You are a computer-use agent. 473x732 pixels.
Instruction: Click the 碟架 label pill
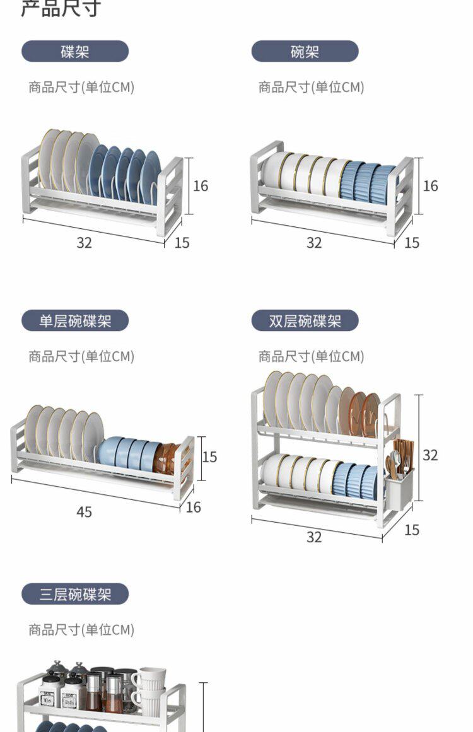click(x=75, y=52)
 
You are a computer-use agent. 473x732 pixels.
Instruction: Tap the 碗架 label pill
click(x=305, y=52)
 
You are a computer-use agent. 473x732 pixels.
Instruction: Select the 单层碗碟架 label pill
click(x=75, y=321)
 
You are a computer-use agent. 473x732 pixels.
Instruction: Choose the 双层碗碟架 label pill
click(x=305, y=321)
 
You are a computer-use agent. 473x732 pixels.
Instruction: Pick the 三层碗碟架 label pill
click(x=75, y=594)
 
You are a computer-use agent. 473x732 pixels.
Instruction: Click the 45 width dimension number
click(x=84, y=512)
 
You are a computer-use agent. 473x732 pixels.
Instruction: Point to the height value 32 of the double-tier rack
click(x=430, y=455)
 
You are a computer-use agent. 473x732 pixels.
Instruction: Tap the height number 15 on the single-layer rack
click(x=209, y=456)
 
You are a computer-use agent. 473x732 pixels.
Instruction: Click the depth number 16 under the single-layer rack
click(x=194, y=507)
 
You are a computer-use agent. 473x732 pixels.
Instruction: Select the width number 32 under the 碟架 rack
click(x=84, y=243)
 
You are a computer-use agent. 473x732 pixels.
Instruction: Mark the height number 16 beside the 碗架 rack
click(x=430, y=186)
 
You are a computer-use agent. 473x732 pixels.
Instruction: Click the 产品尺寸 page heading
click(x=61, y=9)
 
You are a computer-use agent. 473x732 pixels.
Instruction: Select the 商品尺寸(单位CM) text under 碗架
click(x=311, y=87)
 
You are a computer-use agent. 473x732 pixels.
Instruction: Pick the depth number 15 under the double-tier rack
click(x=411, y=530)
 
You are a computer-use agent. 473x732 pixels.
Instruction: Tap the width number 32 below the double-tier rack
click(x=314, y=537)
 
